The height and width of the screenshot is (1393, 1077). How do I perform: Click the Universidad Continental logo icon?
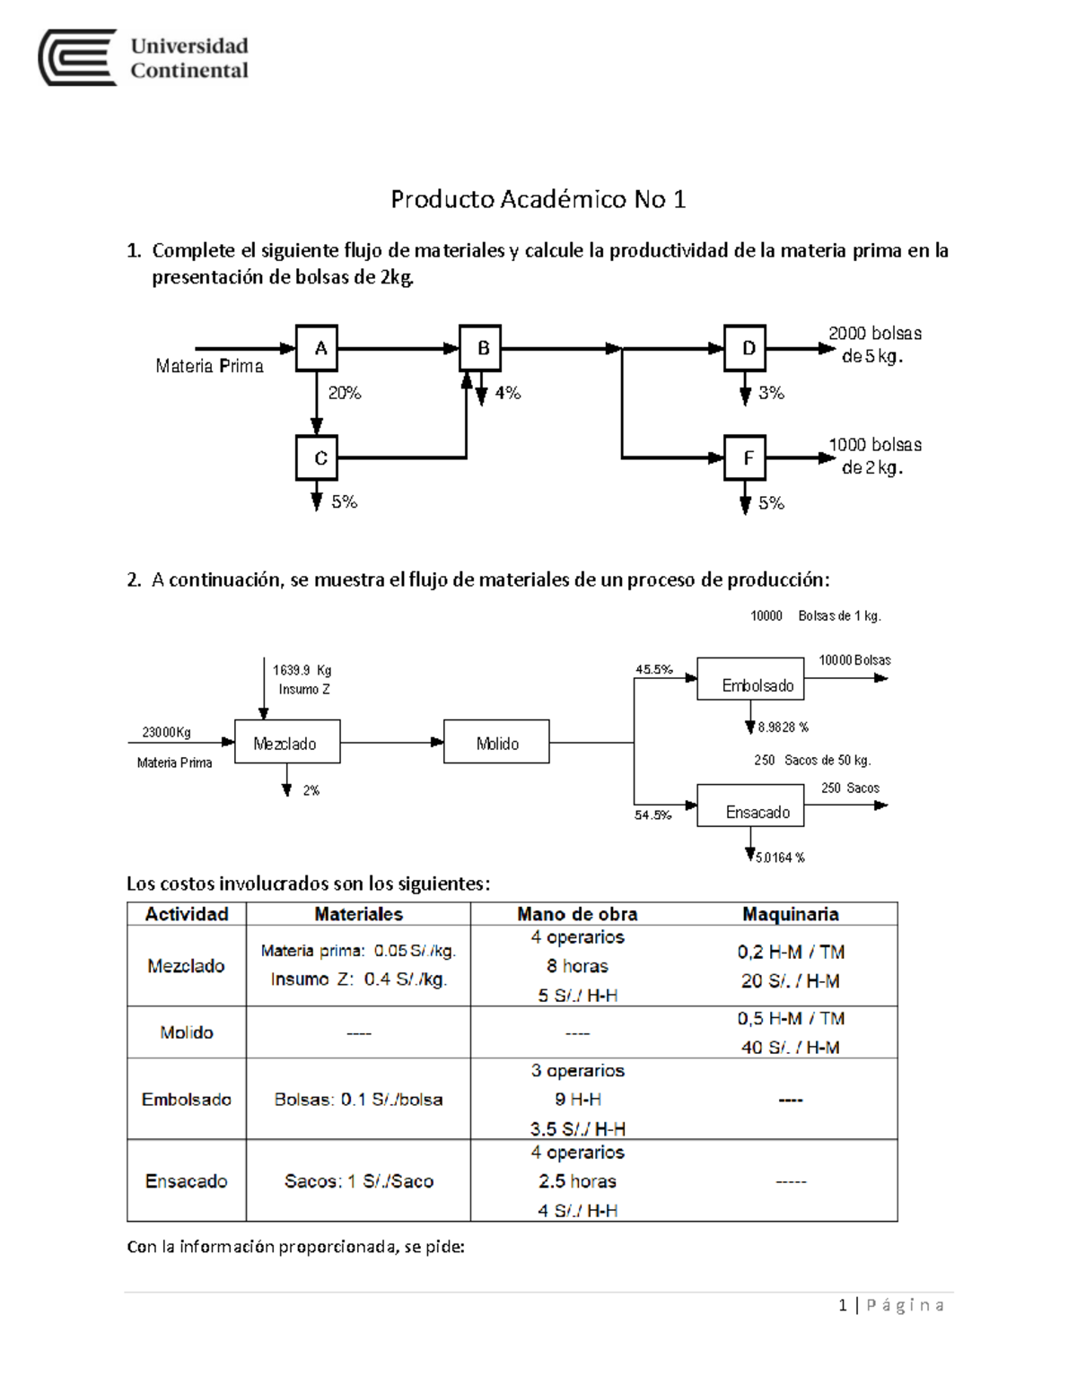pos(77,57)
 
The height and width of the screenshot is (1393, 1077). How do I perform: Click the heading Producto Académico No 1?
pos(538,199)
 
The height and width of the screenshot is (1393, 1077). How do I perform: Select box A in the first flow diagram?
pos(317,348)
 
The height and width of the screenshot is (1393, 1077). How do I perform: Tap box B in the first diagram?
pos(480,348)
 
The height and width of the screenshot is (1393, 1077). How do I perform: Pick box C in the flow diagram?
pos(317,457)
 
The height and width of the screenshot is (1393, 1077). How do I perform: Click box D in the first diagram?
pos(745,348)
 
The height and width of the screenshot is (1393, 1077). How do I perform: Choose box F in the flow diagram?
pos(745,457)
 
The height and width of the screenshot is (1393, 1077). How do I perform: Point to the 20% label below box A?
pos(345,393)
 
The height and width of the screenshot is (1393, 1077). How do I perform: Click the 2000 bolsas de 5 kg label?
pos(873,344)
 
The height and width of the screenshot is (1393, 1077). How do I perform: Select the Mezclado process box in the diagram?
pos(287,742)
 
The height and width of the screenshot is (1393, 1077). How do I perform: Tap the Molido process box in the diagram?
pos(496,742)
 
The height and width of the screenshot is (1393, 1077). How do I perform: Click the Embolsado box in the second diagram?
pos(750,680)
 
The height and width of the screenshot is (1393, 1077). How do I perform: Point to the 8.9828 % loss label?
pos(783,727)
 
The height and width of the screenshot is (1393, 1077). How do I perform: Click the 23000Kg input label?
pos(166,732)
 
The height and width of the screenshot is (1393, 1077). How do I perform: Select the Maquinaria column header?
pos(790,914)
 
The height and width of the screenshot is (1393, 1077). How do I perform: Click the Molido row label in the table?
pos(187,1032)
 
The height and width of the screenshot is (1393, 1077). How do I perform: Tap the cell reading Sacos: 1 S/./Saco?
pos(358,1181)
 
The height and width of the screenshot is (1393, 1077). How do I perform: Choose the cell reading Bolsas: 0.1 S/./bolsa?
pos(358,1100)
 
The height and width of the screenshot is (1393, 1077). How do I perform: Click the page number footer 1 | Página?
pos(890,1305)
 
